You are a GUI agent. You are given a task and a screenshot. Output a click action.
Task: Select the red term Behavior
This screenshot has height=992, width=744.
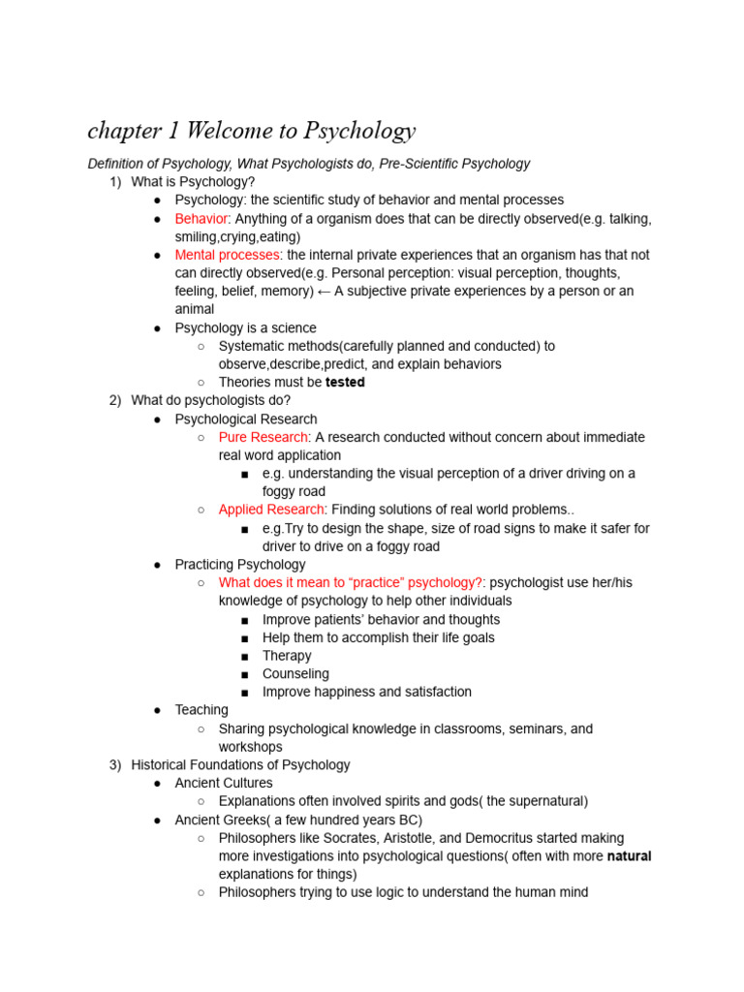201,218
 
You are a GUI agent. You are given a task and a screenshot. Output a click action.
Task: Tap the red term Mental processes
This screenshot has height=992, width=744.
227,255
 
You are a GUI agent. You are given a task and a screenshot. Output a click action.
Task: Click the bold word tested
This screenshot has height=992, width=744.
345,382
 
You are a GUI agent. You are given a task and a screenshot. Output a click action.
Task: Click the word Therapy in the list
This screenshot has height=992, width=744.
287,656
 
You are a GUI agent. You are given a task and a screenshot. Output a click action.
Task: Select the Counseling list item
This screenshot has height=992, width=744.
295,673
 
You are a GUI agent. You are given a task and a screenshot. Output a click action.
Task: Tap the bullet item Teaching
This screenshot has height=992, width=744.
201,710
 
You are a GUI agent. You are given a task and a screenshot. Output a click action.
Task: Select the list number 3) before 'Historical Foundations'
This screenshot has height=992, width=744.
116,764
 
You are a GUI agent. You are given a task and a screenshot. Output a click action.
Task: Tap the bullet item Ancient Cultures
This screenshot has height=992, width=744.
224,783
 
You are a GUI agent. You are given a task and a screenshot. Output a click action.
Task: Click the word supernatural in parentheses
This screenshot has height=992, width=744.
543,801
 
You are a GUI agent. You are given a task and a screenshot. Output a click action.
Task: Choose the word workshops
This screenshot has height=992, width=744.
251,747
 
